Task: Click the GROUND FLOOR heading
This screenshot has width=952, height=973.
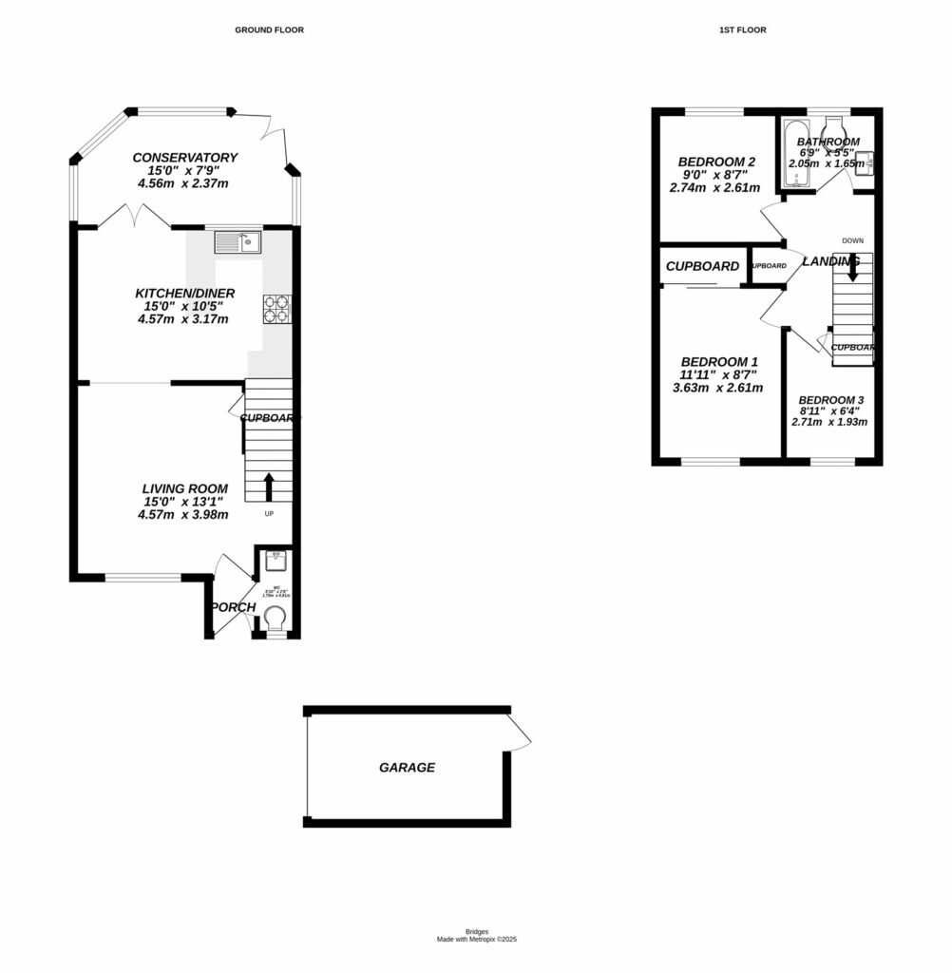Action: coord(269,30)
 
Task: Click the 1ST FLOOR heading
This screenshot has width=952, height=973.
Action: coord(743,30)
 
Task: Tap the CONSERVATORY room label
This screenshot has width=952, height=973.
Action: coord(185,158)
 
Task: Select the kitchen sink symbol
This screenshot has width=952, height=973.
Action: coord(238,242)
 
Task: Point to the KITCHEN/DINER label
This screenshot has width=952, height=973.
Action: coord(185,293)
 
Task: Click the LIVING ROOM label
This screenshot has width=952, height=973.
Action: coord(185,488)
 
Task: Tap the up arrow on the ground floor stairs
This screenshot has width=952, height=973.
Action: coord(268,486)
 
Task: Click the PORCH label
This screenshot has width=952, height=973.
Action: coord(233,607)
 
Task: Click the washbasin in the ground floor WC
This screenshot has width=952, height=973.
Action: coord(276,560)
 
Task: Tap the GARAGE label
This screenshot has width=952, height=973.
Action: coord(407,767)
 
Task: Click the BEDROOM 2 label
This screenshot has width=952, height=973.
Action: coord(717,161)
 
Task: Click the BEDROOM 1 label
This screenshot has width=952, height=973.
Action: coord(719,362)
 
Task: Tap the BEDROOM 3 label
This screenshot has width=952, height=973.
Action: coord(831,399)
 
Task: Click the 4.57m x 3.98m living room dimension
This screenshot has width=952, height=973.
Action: coord(185,515)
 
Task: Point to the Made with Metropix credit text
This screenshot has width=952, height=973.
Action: coord(476,939)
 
